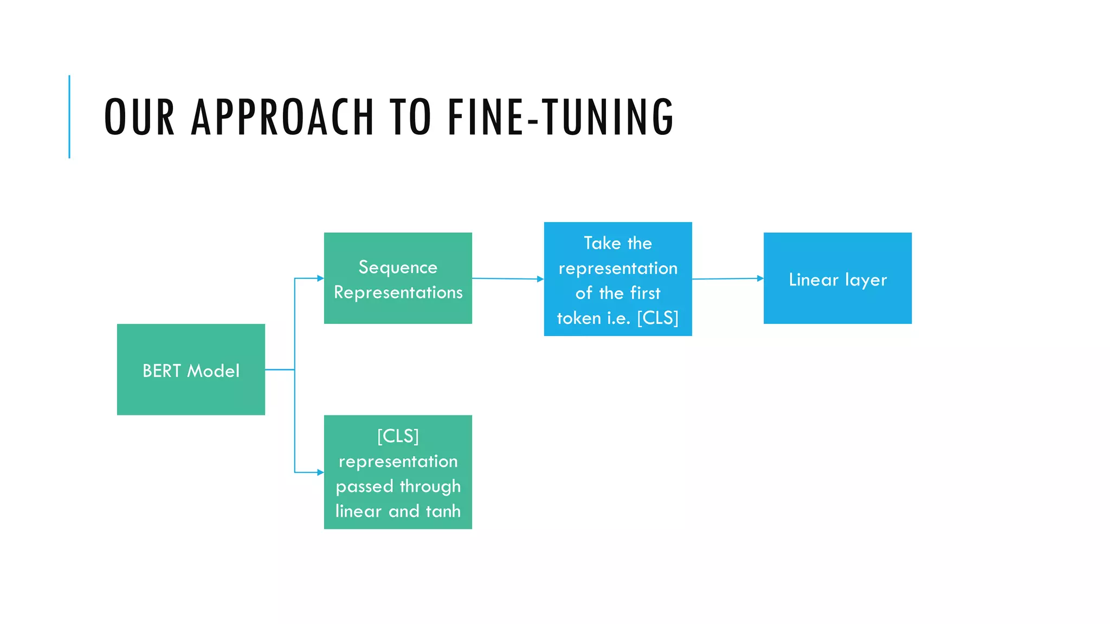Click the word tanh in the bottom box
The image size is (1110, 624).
click(x=443, y=511)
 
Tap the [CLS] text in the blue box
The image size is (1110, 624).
click(x=657, y=318)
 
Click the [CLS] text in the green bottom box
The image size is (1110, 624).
click(x=398, y=436)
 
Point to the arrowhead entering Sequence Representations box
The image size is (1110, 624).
click(x=320, y=278)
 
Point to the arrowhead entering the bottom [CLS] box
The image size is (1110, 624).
click(x=320, y=472)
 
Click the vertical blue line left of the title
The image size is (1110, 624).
click(x=69, y=116)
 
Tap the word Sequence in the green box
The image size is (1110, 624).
click(x=398, y=267)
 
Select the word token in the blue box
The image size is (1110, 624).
click(x=579, y=318)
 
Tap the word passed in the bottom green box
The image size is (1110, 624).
click(x=364, y=486)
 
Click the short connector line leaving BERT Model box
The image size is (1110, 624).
click(x=279, y=369)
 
